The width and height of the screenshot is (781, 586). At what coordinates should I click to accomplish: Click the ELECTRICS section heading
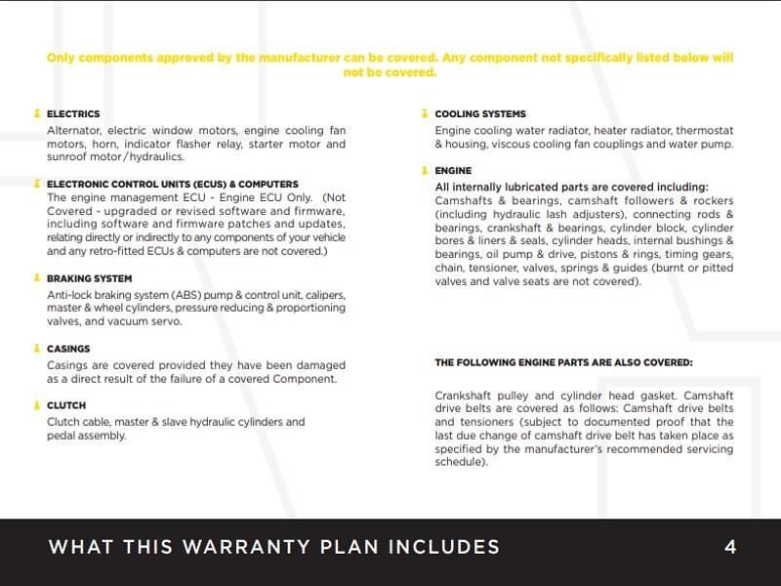pyautogui.click(x=73, y=114)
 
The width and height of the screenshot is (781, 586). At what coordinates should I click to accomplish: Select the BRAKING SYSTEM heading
pyautogui.click(x=90, y=278)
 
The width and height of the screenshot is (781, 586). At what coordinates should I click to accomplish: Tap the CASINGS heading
pyautogui.click(x=68, y=349)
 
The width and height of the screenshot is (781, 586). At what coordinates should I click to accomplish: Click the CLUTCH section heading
pyautogui.click(x=66, y=405)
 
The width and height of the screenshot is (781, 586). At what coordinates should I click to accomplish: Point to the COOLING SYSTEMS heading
pyautogui.click(x=480, y=114)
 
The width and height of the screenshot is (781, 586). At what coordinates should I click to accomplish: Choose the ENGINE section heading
pyautogui.click(x=453, y=171)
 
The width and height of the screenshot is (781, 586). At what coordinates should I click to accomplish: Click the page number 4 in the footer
pyautogui.click(x=730, y=547)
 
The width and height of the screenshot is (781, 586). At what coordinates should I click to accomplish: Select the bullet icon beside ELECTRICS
pyautogui.click(x=37, y=114)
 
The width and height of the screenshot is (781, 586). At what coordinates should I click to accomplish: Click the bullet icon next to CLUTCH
pyautogui.click(x=37, y=405)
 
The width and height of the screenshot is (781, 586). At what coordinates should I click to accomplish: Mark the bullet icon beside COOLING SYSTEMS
pyautogui.click(x=426, y=114)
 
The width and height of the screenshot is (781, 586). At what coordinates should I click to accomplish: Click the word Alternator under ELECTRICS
pyautogui.click(x=74, y=130)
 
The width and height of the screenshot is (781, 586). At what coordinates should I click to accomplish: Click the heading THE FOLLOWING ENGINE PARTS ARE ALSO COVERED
pyautogui.click(x=563, y=362)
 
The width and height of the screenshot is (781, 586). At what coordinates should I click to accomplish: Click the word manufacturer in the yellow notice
pyautogui.click(x=291, y=59)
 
